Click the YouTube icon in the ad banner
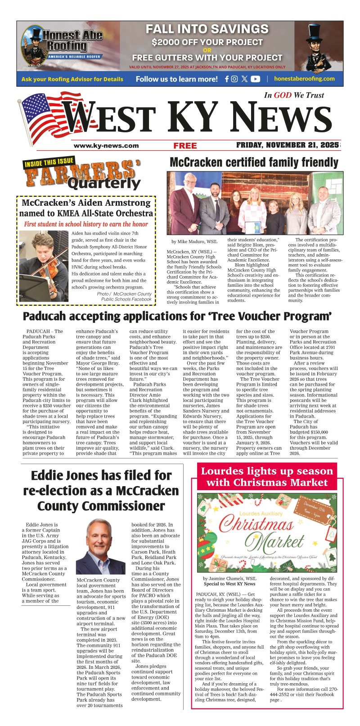(x=255, y=79)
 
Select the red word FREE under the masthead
(x=185, y=145)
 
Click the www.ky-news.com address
(x=106, y=145)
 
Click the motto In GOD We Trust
(x=293, y=95)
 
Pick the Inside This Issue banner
(x=48, y=164)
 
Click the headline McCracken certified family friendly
(x=254, y=162)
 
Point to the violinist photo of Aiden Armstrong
(x=44, y=266)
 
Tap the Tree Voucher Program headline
(x=177, y=316)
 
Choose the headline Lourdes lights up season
(x=267, y=477)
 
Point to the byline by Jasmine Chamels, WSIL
(x=229, y=578)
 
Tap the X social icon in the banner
(x=244, y=79)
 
